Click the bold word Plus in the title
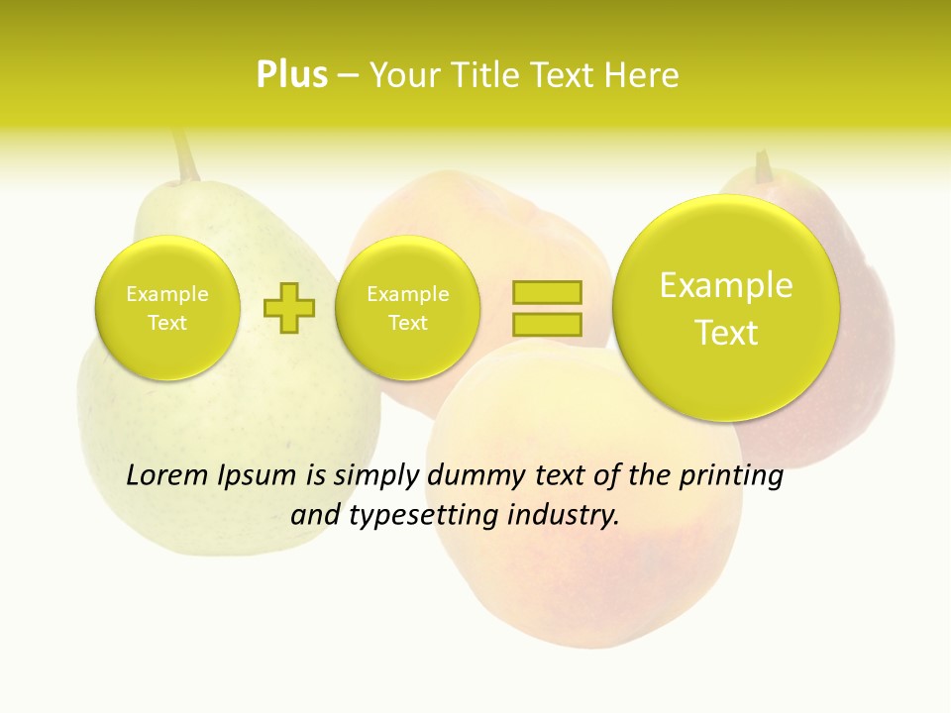(291, 75)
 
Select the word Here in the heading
(641, 75)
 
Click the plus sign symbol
(288, 307)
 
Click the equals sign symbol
(546, 307)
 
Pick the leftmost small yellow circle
(166, 308)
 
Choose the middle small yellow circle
(407, 308)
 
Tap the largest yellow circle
(726, 308)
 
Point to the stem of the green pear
(184, 155)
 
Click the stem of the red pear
(763, 166)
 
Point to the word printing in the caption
(731, 476)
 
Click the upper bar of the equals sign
(546, 292)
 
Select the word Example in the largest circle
(726, 285)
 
